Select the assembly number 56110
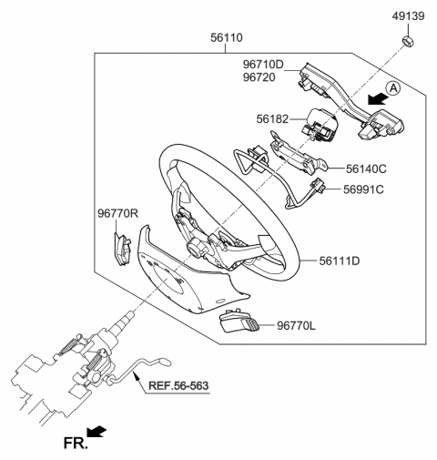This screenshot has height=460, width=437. click(227, 39)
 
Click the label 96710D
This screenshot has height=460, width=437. click(264, 65)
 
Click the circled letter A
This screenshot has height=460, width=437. click(393, 88)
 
